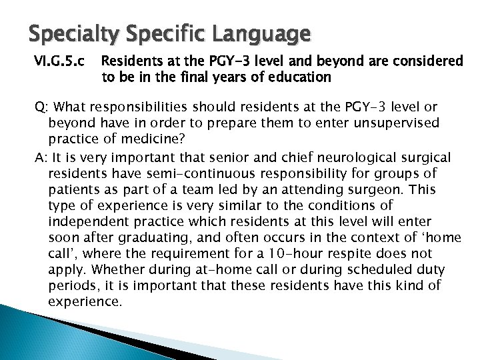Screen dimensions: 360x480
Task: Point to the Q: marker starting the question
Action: pyautogui.click(x=42, y=107)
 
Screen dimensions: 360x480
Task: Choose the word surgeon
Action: pyautogui.click(x=380, y=190)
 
